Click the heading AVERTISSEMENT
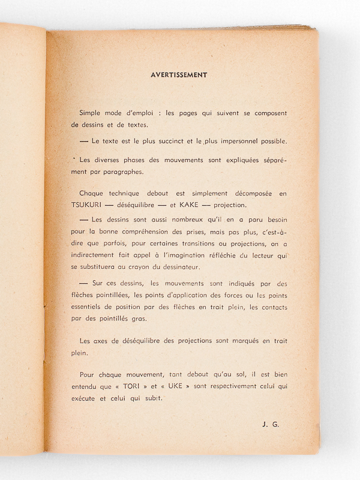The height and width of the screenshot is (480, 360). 179,75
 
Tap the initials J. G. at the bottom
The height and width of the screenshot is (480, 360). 271,424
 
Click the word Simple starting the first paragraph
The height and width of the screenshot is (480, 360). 91,113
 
